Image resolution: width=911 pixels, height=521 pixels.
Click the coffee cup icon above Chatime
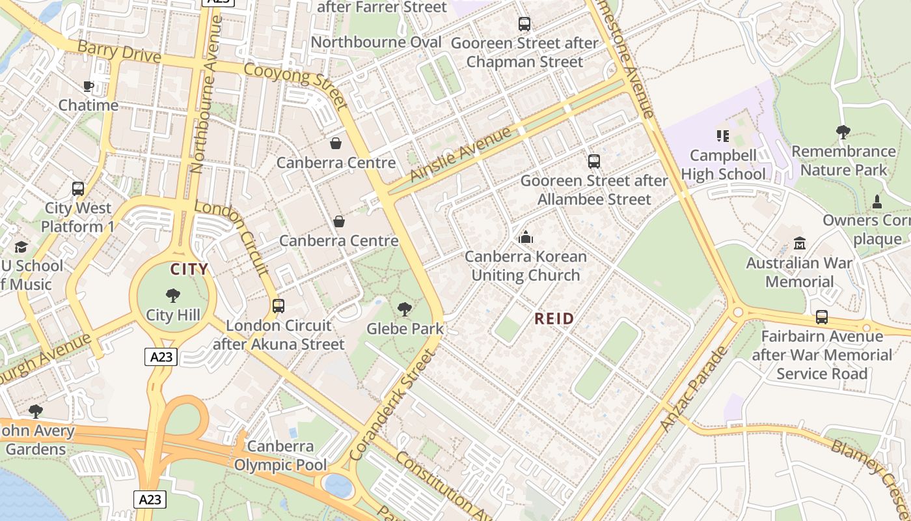(88, 86)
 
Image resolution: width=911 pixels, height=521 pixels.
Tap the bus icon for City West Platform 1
(78, 189)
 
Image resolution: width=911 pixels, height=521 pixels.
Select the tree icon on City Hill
(173, 296)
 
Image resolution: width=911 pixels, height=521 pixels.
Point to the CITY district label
(189, 269)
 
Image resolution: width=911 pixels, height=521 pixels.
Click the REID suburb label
(554, 318)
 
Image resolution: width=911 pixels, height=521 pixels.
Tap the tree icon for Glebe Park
(405, 309)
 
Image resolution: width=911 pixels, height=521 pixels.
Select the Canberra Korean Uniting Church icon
(526, 237)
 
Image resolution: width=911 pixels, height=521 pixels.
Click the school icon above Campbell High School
(722, 136)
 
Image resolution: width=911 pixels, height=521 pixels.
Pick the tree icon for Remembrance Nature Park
(843, 132)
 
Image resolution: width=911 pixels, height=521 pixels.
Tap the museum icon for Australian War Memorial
(800, 244)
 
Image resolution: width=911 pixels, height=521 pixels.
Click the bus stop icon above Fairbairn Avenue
(822, 317)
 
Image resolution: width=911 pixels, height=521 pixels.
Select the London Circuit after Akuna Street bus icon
(279, 305)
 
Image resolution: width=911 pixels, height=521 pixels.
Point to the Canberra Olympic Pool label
(280, 456)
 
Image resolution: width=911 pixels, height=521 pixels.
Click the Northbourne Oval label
(376, 42)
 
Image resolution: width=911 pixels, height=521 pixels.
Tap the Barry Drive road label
(118, 51)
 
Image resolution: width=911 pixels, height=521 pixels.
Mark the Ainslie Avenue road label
(461, 155)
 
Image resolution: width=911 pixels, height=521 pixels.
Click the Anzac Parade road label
(694, 389)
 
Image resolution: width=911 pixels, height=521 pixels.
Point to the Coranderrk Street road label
(391, 405)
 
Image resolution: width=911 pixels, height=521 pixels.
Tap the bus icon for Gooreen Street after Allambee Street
(593, 162)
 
